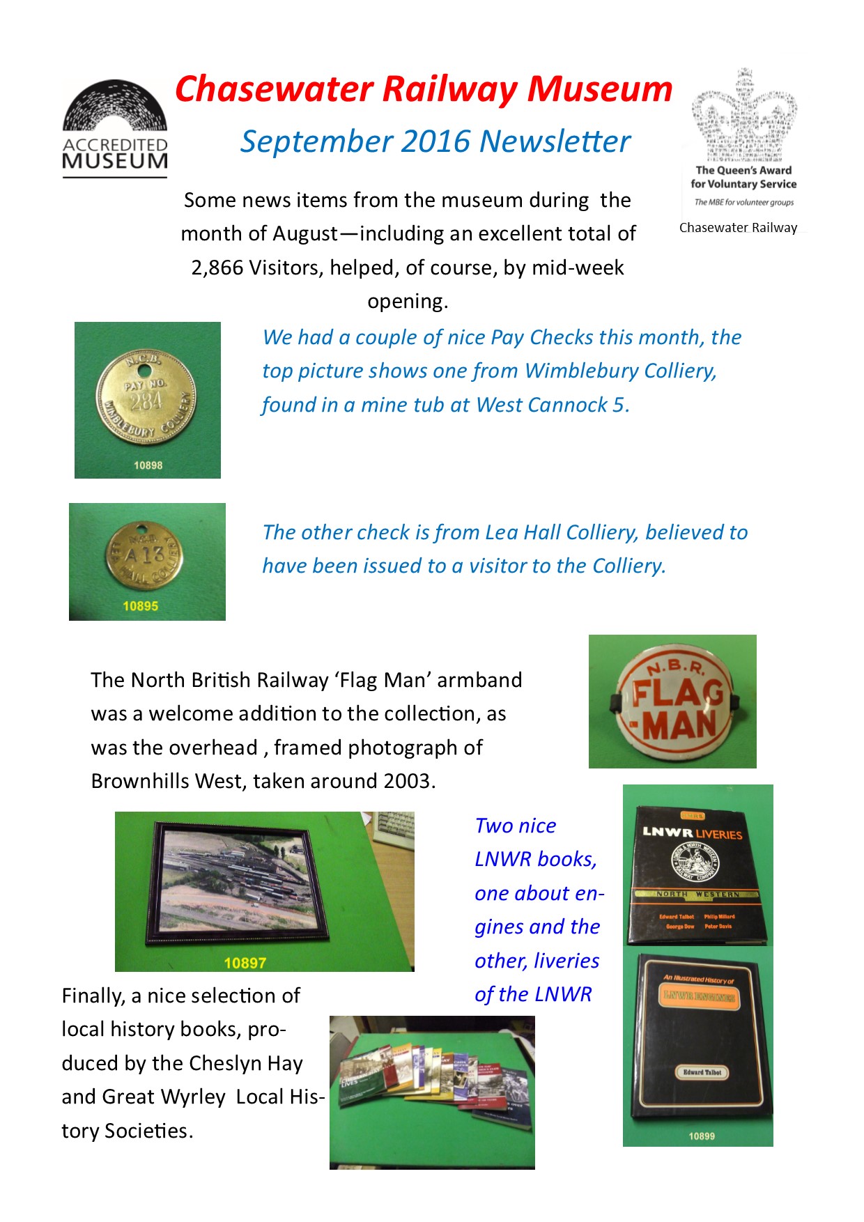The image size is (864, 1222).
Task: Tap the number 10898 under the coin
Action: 148,465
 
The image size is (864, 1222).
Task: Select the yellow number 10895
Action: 140,606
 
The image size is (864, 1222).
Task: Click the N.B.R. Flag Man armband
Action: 672,701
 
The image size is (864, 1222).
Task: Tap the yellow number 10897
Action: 245,963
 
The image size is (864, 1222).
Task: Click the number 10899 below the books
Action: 702,1136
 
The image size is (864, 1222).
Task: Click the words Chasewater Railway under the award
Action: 738,228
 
